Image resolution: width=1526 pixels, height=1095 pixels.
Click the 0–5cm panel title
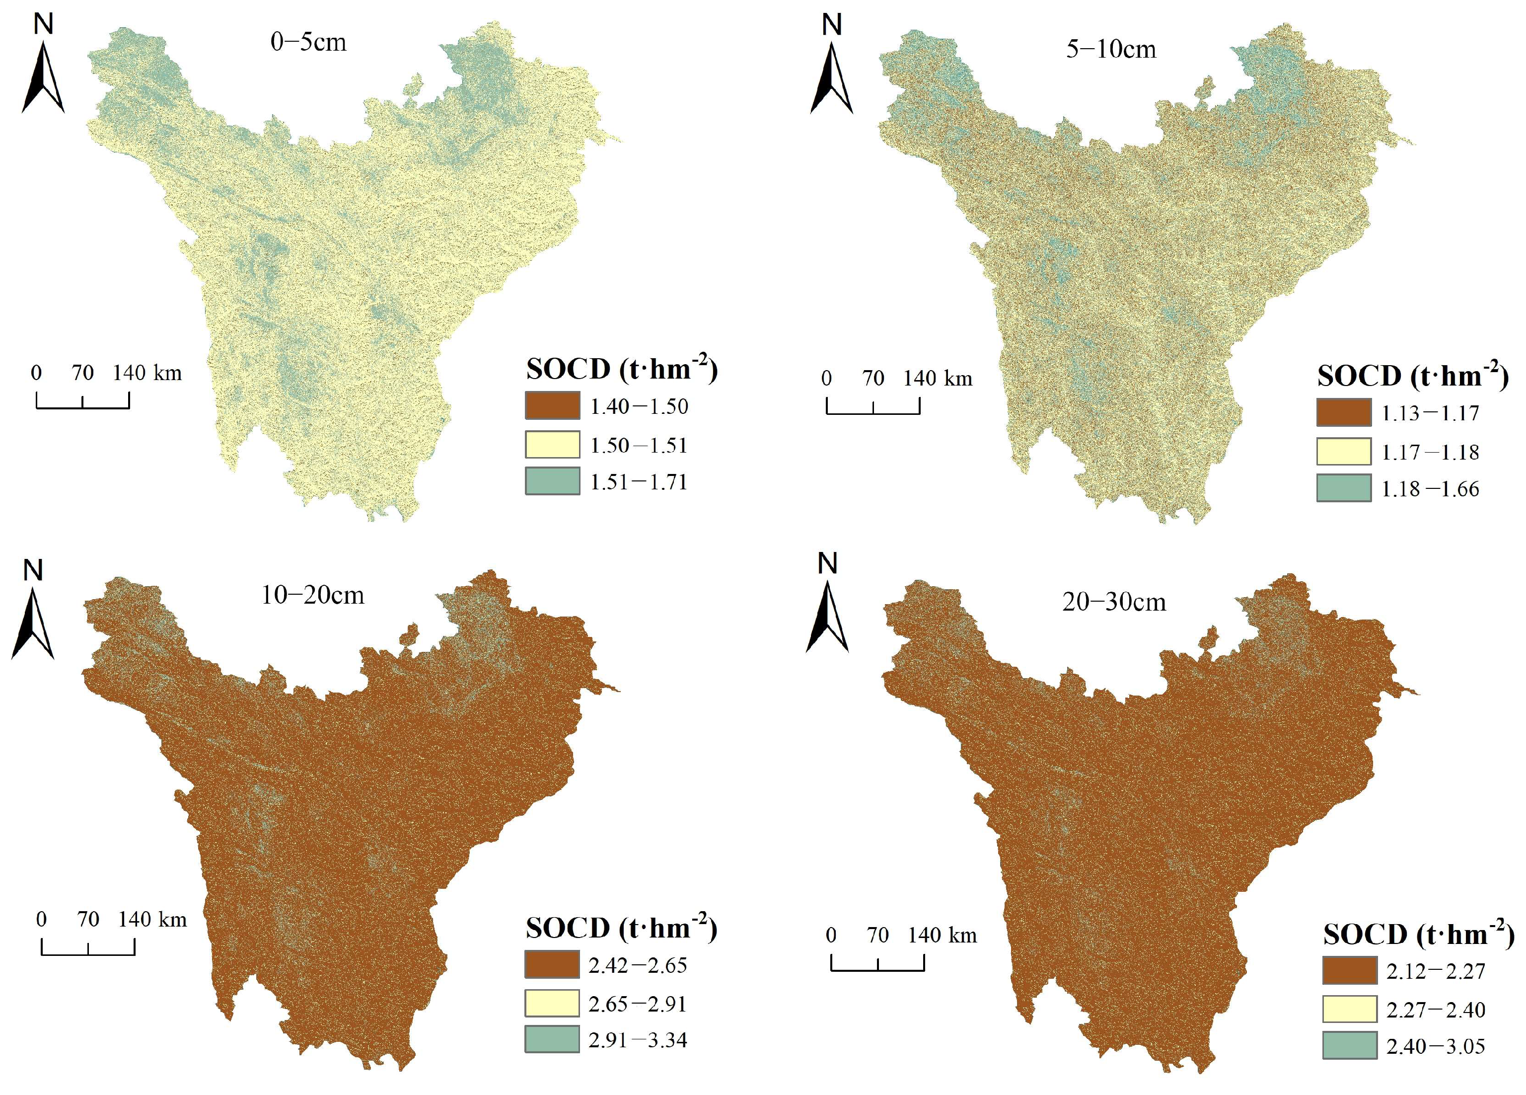(308, 42)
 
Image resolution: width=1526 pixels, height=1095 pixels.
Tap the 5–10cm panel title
(1111, 49)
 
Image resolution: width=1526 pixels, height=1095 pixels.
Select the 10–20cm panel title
(313, 595)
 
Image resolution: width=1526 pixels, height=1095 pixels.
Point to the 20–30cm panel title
(1114, 602)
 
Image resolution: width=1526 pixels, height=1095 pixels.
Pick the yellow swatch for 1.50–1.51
(552, 444)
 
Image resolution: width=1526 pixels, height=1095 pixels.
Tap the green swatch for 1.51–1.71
(552, 481)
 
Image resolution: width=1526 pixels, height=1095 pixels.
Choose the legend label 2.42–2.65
(638, 966)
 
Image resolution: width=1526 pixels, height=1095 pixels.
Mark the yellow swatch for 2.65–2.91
(552, 1003)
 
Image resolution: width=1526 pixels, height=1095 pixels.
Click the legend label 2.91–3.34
(638, 1040)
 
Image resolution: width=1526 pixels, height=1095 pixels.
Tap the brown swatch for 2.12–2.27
(1349, 970)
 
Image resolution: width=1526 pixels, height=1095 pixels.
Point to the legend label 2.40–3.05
(1436, 1046)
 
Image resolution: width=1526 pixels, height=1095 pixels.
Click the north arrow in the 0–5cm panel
(44, 78)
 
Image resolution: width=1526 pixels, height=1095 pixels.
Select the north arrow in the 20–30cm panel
(828, 618)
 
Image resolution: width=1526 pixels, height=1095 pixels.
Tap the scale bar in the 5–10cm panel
(872, 406)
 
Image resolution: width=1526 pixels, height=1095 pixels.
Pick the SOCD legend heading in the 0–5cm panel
(622, 369)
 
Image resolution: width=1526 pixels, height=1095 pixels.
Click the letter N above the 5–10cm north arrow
(832, 25)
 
